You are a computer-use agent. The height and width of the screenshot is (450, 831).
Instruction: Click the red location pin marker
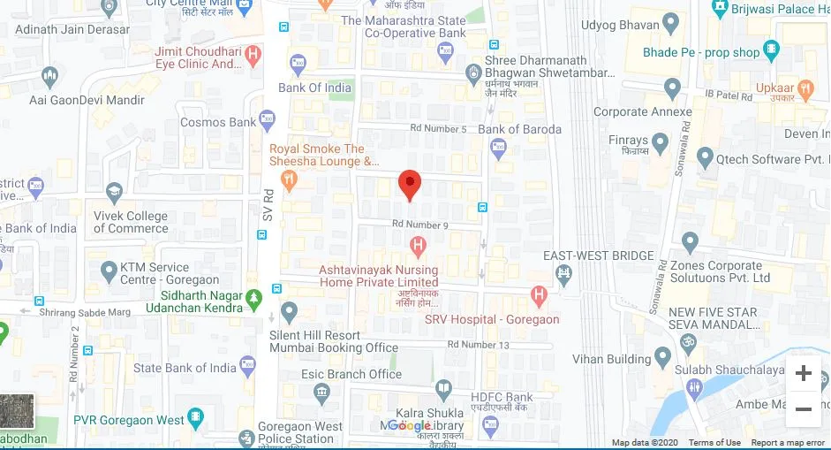[409, 184]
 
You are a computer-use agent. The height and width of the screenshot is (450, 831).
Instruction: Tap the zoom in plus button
[804, 373]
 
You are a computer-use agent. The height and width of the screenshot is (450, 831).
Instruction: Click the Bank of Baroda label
[519, 129]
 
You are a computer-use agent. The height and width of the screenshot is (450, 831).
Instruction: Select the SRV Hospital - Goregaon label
[492, 319]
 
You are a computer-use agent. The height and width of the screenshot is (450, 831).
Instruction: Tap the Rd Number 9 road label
[420, 225]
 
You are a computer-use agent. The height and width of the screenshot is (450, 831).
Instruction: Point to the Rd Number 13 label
[479, 344]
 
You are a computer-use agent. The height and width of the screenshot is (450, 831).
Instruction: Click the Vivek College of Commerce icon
[114, 193]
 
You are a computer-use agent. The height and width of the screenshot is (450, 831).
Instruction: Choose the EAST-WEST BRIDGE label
[599, 256]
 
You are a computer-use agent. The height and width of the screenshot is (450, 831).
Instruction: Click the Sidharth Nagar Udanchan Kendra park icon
[254, 296]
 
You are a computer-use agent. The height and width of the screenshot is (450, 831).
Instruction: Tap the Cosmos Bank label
[217, 123]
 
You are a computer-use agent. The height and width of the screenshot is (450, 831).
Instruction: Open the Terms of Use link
[714, 443]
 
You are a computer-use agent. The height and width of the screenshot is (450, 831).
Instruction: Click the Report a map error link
[789, 443]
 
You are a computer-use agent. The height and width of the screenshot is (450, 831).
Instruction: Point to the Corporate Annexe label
[642, 112]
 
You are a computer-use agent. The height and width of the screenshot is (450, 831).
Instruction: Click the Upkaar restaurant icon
[805, 89]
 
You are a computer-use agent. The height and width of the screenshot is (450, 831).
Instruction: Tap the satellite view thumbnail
[16, 412]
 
